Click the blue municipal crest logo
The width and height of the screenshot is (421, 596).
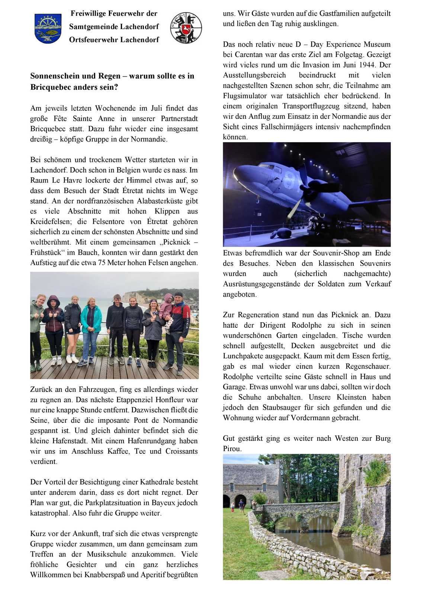click(x=48, y=28)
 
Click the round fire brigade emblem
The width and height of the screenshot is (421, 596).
click(x=186, y=28)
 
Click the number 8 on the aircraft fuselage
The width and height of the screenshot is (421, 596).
click(x=289, y=180)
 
